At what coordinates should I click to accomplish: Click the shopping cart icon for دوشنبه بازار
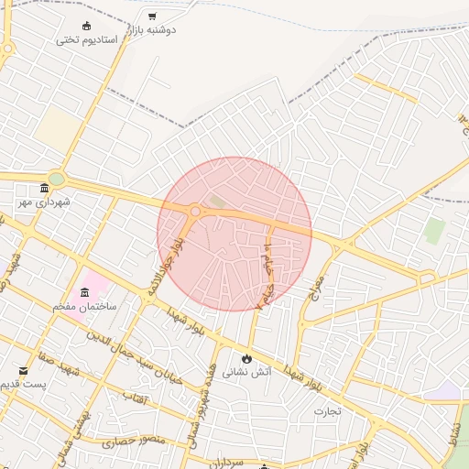152,16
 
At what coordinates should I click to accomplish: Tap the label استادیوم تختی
88,39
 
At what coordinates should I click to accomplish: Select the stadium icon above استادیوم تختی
88,26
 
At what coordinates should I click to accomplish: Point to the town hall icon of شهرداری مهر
45,187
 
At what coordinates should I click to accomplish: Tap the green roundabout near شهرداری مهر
57,179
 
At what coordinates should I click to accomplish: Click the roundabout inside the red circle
195,212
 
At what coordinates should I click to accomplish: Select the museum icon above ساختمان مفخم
85,292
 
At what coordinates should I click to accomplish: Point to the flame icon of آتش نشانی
246,357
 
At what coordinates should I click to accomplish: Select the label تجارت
327,411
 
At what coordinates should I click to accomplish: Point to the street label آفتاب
134,398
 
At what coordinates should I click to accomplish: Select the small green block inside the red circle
217,200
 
